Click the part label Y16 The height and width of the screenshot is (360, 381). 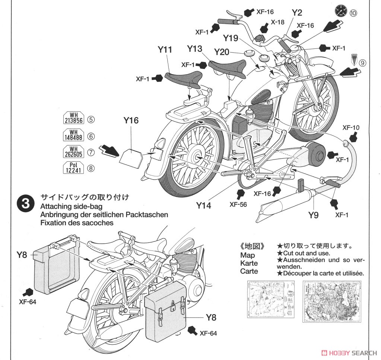coord(131,120)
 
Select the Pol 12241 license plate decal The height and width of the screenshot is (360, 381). coord(73,168)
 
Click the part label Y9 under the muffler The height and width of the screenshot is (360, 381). coord(313,215)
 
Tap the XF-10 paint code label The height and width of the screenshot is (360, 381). coord(351,127)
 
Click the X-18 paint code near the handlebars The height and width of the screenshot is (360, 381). coord(277,22)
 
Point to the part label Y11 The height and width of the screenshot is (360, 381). coord(165,50)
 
